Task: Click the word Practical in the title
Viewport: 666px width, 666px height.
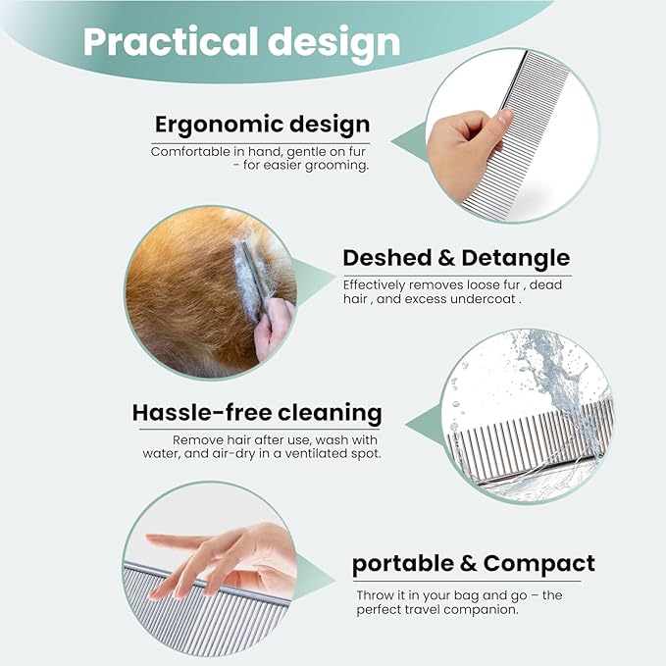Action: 170,41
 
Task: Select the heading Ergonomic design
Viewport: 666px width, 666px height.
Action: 262,126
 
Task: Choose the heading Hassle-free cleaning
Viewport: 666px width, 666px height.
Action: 257,413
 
